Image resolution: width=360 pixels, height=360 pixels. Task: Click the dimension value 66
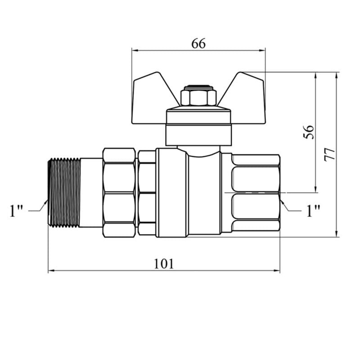[198, 44]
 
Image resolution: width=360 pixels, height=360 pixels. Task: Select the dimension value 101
[164, 264]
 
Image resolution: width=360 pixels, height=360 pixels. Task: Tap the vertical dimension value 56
[309, 132]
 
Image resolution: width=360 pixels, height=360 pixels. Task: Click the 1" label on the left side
[16, 211]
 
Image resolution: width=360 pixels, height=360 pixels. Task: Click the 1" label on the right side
[313, 211]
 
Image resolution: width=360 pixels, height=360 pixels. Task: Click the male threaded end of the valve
[64, 193]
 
